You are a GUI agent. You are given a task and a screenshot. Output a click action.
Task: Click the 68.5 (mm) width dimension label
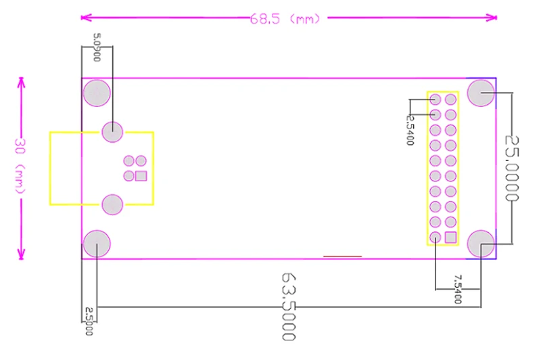point(285,19)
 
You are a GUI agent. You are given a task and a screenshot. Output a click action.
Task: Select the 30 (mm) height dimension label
point(20,166)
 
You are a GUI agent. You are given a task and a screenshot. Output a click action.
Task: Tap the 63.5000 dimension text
point(289,307)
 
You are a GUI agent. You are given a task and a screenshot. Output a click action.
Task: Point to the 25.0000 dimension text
point(512,168)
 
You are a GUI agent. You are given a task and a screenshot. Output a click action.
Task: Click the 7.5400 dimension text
point(458,289)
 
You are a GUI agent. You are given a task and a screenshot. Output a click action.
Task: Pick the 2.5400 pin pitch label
point(410,130)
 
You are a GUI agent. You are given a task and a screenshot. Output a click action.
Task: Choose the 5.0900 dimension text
point(97,47)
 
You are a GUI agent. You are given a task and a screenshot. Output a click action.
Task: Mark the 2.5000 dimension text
point(89,321)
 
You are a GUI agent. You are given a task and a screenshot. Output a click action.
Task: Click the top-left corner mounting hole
point(97,93)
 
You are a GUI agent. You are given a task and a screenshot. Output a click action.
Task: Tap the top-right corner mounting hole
point(481,93)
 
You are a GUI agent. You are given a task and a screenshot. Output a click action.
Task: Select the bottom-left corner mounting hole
point(97,244)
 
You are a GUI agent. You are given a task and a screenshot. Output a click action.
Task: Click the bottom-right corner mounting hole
point(481,244)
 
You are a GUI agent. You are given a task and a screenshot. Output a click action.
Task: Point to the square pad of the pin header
point(450,238)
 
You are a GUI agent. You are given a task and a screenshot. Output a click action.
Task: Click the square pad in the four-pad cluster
point(141,176)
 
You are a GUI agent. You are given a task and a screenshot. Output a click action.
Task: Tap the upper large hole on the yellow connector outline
point(112,132)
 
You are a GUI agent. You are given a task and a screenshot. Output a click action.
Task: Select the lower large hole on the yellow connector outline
point(112,204)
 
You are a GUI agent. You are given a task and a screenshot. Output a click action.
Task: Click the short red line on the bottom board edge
point(343,256)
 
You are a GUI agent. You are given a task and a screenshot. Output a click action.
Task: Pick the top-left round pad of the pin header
point(436,99)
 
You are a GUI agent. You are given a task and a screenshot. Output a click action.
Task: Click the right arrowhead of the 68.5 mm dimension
point(492,18)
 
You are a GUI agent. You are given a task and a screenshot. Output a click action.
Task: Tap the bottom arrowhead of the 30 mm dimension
point(22,254)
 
